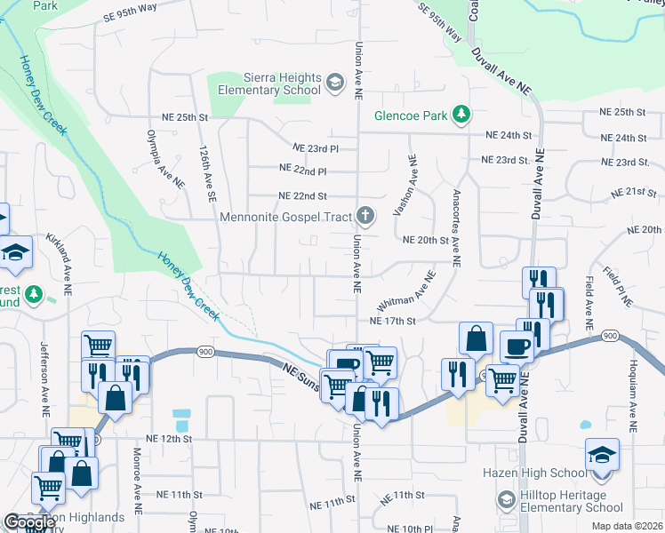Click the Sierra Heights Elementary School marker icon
pyautogui.click(x=335, y=84)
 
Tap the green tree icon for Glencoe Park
pyautogui.click(x=461, y=114)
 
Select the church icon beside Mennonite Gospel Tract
pyautogui.click(x=365, y=215)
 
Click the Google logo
pyautogui.click(x=28, y=522)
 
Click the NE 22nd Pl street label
pyautogui.click(x=303, y=169)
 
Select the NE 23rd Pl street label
pyautogui.click(x=316, y=148)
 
